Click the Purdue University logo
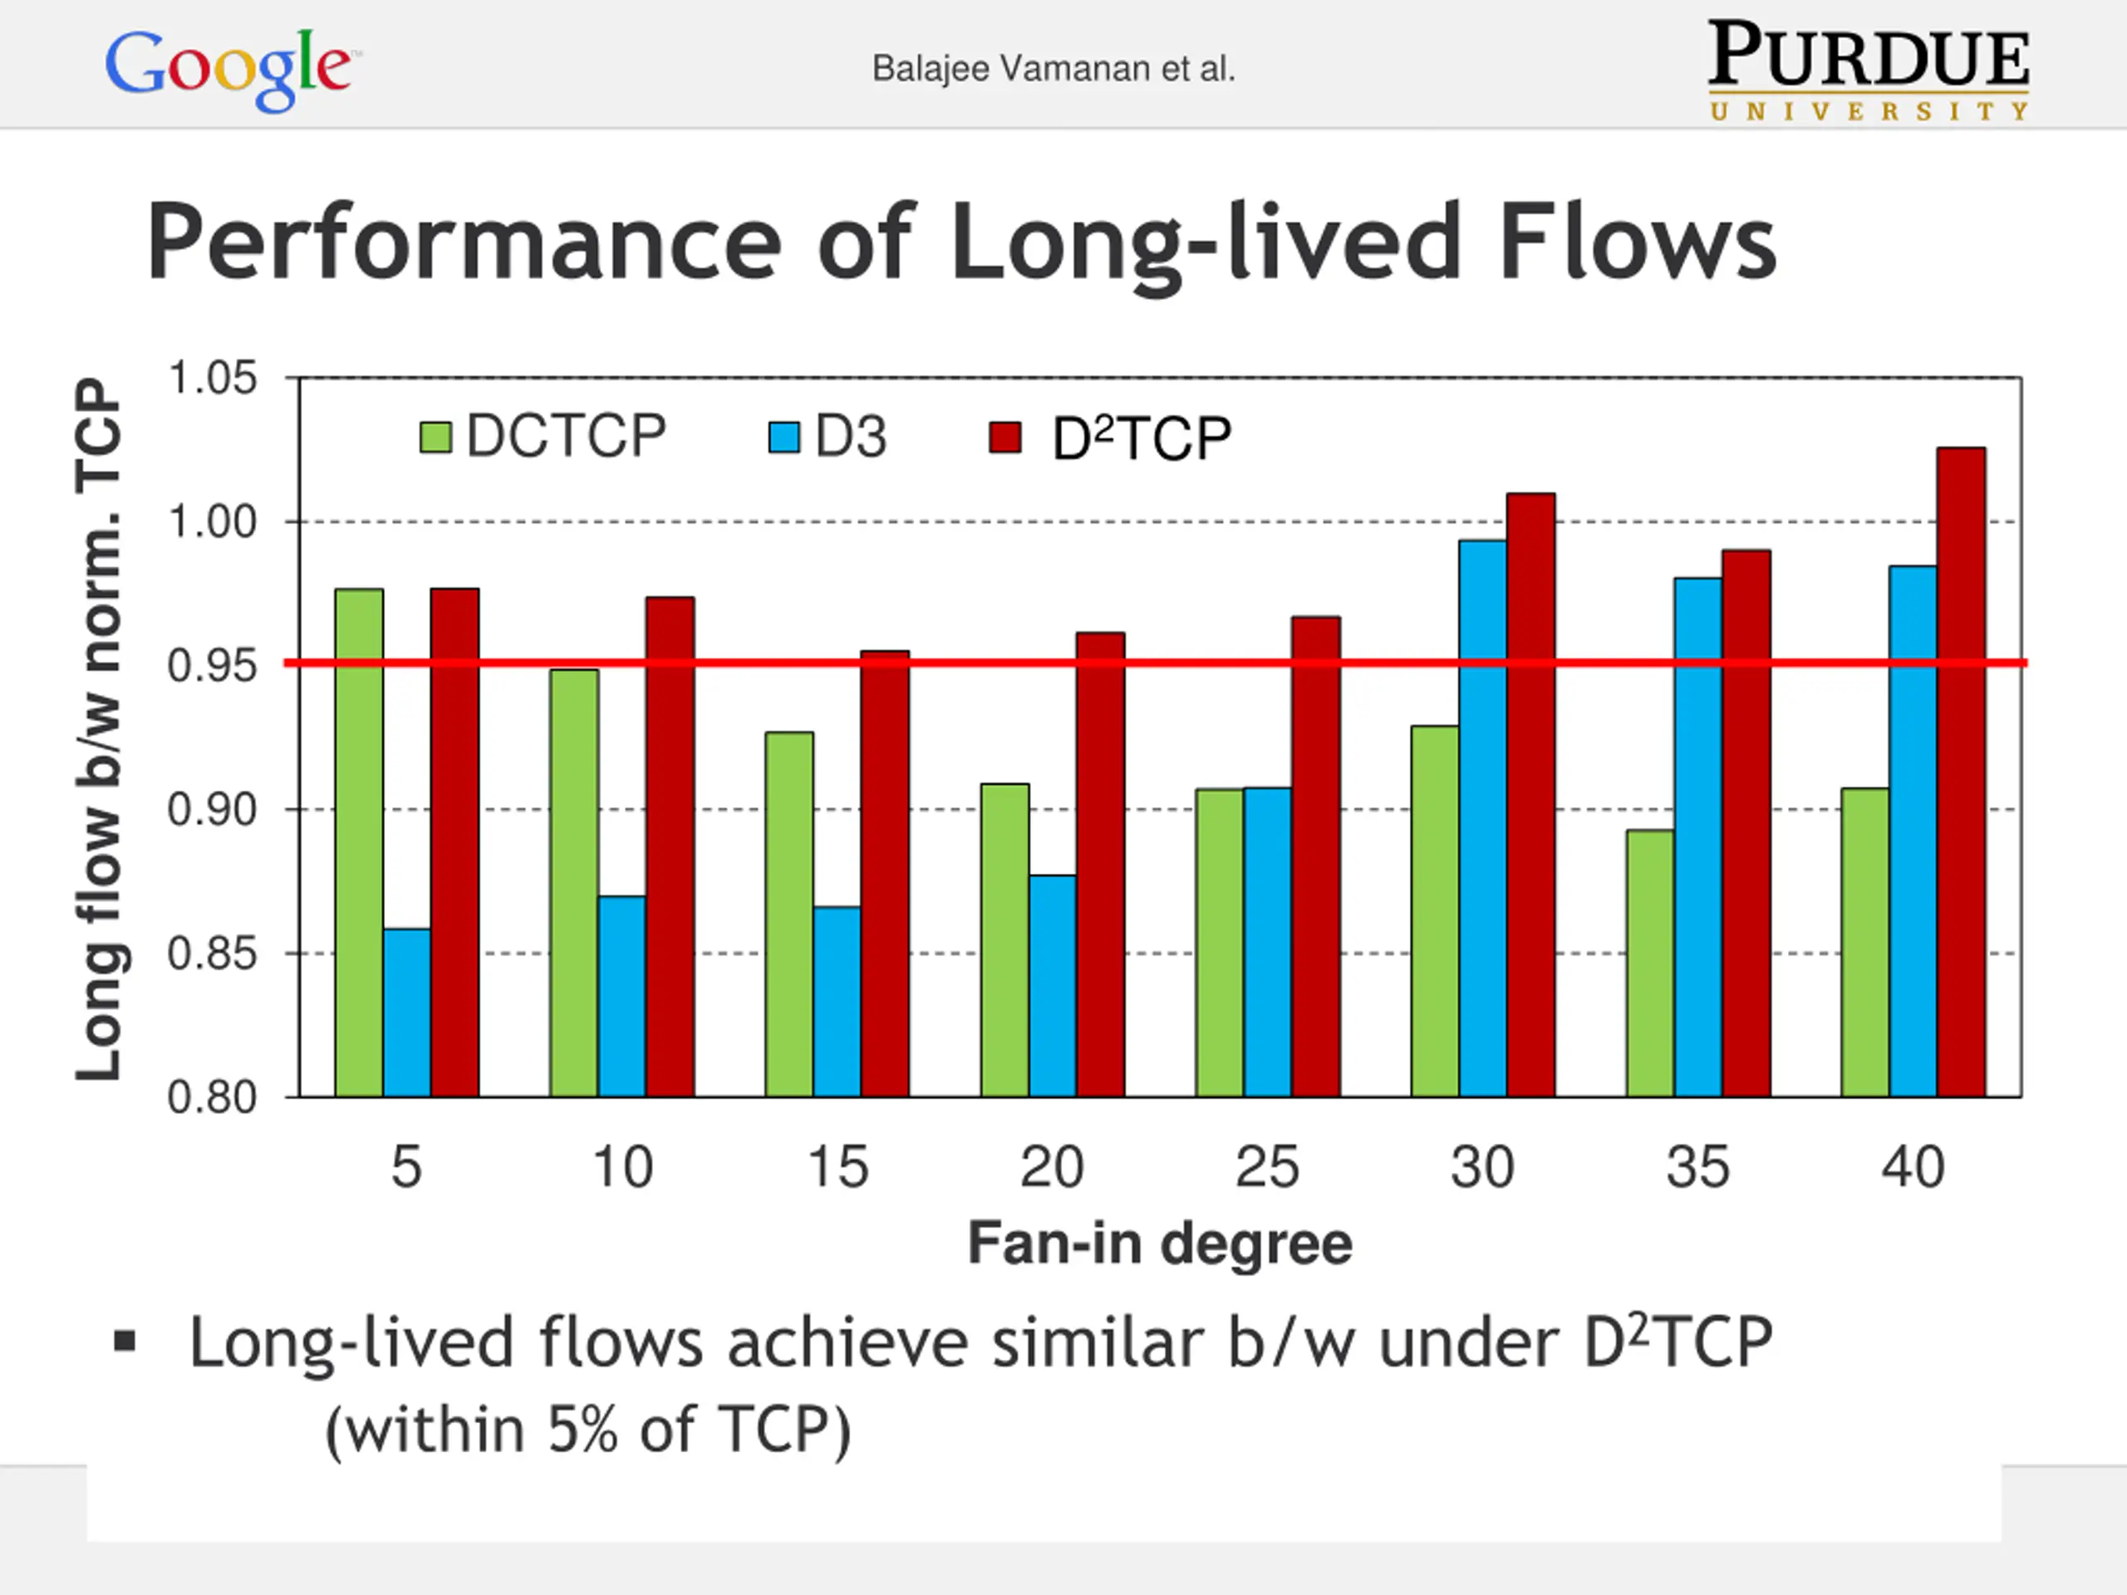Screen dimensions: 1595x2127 coord(1869,70)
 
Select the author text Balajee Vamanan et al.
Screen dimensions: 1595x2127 coord(1053,69)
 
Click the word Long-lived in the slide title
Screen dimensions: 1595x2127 coord(1206,243)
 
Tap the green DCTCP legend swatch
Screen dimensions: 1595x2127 coord(435,438)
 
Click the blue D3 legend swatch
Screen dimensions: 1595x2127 coord(784,438)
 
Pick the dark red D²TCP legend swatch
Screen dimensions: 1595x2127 coord(1005,438)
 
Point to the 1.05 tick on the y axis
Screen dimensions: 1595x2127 coord(213,378)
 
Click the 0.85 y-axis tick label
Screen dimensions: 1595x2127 coord(213,954)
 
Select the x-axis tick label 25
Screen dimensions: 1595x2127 coord(1267,1167)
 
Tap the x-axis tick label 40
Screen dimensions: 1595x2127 coord(1913,1167)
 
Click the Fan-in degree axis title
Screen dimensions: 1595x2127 coord(1160,1243)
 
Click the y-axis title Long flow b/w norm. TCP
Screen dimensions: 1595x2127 coord(99,729)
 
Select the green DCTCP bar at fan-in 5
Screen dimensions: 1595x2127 coord(360,842)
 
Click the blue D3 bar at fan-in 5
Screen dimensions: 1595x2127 coord(407,1013)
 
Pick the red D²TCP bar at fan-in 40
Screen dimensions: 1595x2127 coord(1961,772)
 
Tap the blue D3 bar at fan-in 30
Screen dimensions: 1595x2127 coord(1483,818)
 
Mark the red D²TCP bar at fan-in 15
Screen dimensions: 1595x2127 coord(885,874)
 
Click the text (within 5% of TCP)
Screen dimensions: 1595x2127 coord(588,1430)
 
